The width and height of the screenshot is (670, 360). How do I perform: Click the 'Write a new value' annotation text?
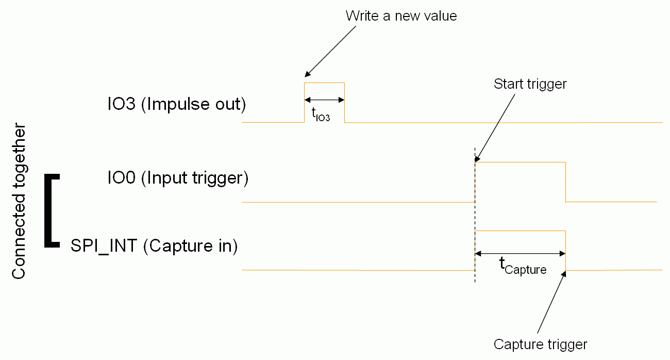(x=401, y=16)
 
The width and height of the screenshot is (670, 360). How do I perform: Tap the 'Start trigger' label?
(x=530, y=84)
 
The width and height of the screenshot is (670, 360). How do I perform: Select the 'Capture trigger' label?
(x=540, y=344)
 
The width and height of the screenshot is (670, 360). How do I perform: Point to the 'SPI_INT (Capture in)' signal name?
(x=154, y=246)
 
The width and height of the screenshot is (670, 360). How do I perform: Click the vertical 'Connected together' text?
(x=19, y=201)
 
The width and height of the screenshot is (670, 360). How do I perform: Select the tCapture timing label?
(x=523, y=266)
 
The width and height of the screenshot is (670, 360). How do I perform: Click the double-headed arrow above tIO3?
(x=324, y=100)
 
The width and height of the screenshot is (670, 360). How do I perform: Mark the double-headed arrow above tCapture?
(x=520, y=253)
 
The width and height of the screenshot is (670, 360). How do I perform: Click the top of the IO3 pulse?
(x=324, y=83)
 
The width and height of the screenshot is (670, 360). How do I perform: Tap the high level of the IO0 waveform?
(x=520, y=162)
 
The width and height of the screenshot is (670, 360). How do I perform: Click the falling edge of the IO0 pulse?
(x=565, y=182)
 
